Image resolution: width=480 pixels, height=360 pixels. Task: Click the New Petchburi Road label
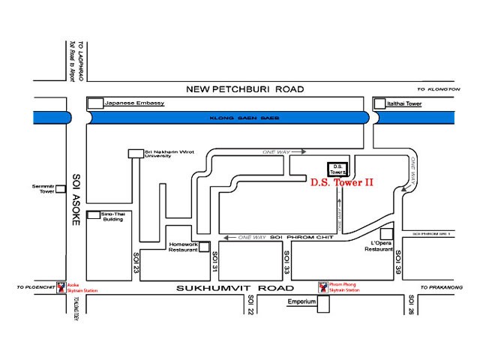pos(236,88)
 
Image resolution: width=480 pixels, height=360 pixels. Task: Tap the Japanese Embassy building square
pos(95,103)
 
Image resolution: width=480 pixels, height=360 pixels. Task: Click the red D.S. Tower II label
pos(342,182)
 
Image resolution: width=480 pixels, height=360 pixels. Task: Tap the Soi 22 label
pos(250,304)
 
